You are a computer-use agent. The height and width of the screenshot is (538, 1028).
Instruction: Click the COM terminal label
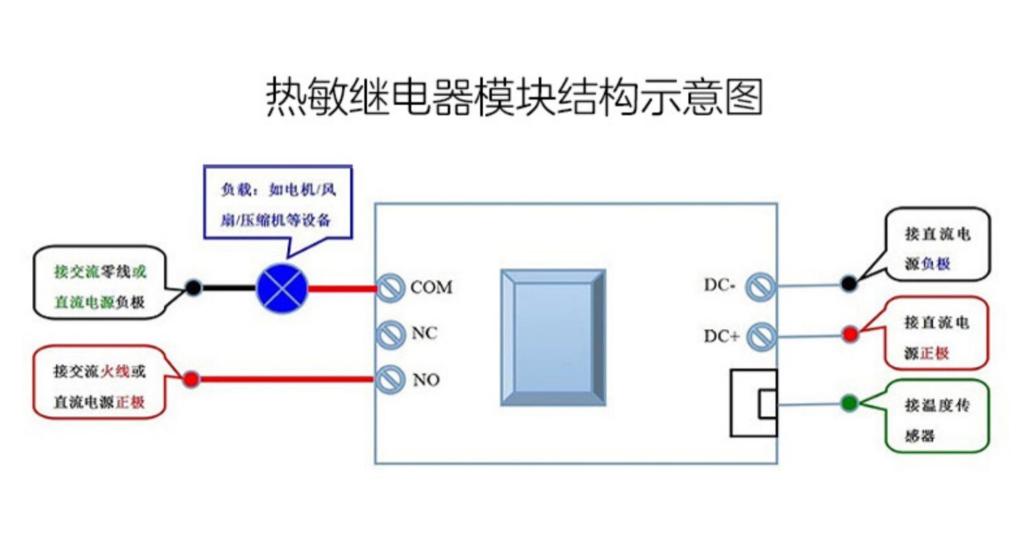tap(431, 287)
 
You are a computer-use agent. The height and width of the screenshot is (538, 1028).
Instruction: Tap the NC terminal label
tap(424, 333)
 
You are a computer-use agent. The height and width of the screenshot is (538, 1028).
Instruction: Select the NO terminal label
tap(426, 380)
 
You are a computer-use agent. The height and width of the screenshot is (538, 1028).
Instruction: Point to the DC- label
tap(720, 285)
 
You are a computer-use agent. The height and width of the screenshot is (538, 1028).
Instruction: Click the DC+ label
tap(722, 336)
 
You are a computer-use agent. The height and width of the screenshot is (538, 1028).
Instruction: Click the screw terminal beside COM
tap(390, 288)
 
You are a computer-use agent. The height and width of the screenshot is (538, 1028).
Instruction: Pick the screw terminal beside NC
tap(390, 334)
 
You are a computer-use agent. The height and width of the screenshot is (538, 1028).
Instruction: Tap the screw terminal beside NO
tap(390, 379)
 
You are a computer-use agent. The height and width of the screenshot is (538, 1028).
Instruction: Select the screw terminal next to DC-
tap(761, 287)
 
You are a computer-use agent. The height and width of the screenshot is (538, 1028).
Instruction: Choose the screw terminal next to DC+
tap(761, 337)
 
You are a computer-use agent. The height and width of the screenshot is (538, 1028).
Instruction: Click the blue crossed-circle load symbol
tap(282, 289)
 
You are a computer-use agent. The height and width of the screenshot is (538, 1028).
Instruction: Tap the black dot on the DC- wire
tap(849, 283)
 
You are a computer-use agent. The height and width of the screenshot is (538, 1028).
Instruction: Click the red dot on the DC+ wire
tap(850, 334)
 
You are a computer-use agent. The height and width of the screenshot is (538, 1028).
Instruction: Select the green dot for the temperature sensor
tap(850, 402)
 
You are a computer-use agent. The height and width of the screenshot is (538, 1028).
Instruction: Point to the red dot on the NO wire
tap(191, 379)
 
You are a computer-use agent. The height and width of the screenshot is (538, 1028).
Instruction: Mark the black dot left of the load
tap(194, 287)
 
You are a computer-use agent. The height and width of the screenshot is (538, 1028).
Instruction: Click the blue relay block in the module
tap(553, 337)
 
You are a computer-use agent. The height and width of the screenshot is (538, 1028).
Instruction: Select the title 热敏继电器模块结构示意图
tap(515, 97)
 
